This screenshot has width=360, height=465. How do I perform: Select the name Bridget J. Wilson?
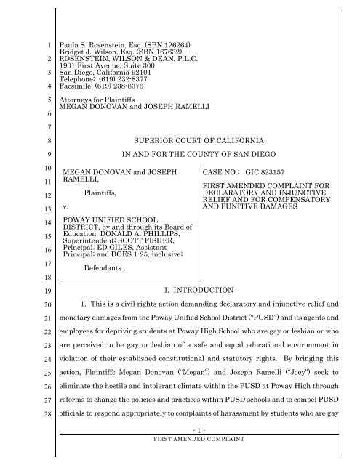[x=92, y=52]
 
